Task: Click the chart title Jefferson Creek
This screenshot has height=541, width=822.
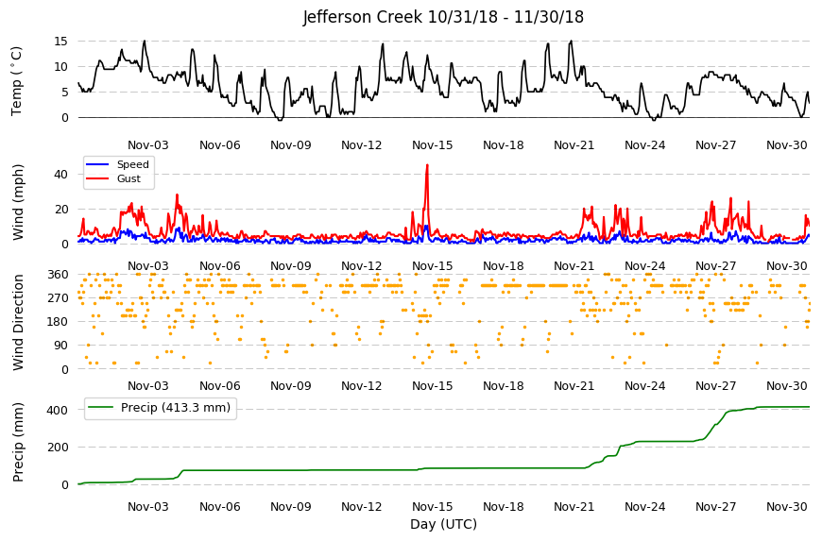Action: point(362,17)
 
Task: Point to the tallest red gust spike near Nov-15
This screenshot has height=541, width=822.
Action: point(427,165)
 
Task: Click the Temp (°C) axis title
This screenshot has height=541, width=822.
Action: point(17,81)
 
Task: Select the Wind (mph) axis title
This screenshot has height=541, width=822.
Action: point(18,202)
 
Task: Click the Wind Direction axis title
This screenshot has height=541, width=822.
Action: point(18,322)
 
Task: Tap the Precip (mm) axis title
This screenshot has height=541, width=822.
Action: point(18,442)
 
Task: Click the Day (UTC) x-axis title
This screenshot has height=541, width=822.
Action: point(443,524)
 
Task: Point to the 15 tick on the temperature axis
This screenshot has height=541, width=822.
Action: point(61,41)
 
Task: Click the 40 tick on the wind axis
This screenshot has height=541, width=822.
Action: point(61,174)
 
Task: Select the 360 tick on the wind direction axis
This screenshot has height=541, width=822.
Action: point(59,275)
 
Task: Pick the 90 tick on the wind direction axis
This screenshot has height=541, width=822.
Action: point(61,346)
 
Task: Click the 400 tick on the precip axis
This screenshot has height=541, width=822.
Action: point(59,410)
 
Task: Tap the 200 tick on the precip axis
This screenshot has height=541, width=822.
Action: point(59,448)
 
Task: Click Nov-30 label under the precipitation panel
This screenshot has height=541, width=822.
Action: point(786,506)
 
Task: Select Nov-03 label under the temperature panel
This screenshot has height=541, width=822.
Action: point(148,145)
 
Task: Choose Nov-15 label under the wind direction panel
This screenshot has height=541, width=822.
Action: point(432,386)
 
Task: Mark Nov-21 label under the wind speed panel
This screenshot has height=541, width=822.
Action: point(574,266)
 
